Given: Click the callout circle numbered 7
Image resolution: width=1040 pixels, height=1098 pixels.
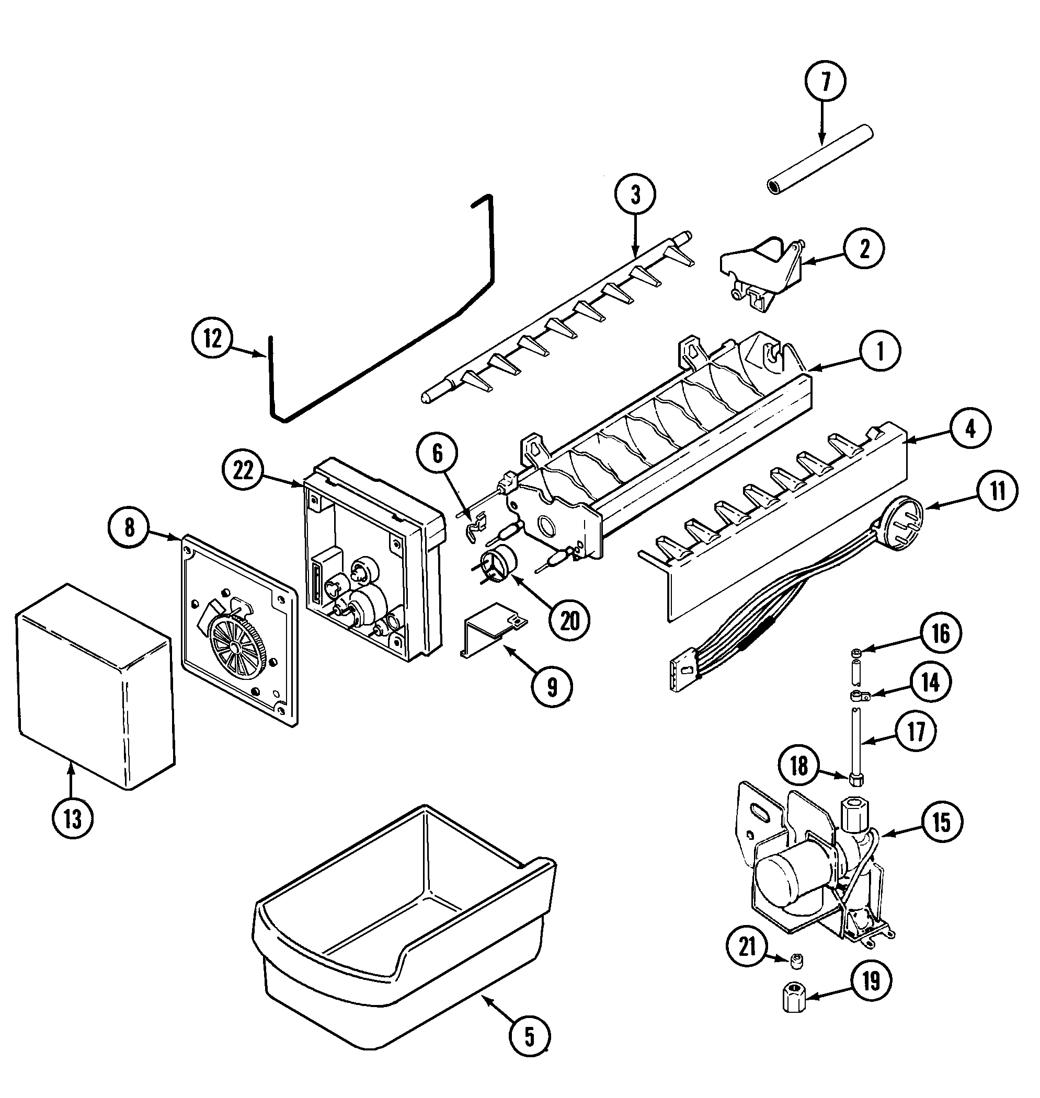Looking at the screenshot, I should click(825, 82).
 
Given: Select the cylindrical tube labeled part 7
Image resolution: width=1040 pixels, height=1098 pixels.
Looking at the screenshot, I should click(819, 160).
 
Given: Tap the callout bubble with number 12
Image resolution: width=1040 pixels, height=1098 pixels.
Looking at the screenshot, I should click(212, 339).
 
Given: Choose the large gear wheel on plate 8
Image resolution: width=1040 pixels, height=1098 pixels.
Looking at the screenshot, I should click(237, 646).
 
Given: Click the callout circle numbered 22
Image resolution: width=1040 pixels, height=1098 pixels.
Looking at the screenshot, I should click(243, 470).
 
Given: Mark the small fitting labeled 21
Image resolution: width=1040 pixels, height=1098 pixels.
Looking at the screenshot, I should click(797, 962).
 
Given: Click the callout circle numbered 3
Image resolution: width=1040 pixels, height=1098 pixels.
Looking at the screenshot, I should click(635, 195).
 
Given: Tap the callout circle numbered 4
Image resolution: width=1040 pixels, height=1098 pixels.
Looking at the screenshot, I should click(969, 428).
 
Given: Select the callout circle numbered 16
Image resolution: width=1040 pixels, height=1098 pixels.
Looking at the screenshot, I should click(941, 634).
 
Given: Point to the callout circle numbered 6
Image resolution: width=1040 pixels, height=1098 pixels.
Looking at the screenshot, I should click(438, 454).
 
